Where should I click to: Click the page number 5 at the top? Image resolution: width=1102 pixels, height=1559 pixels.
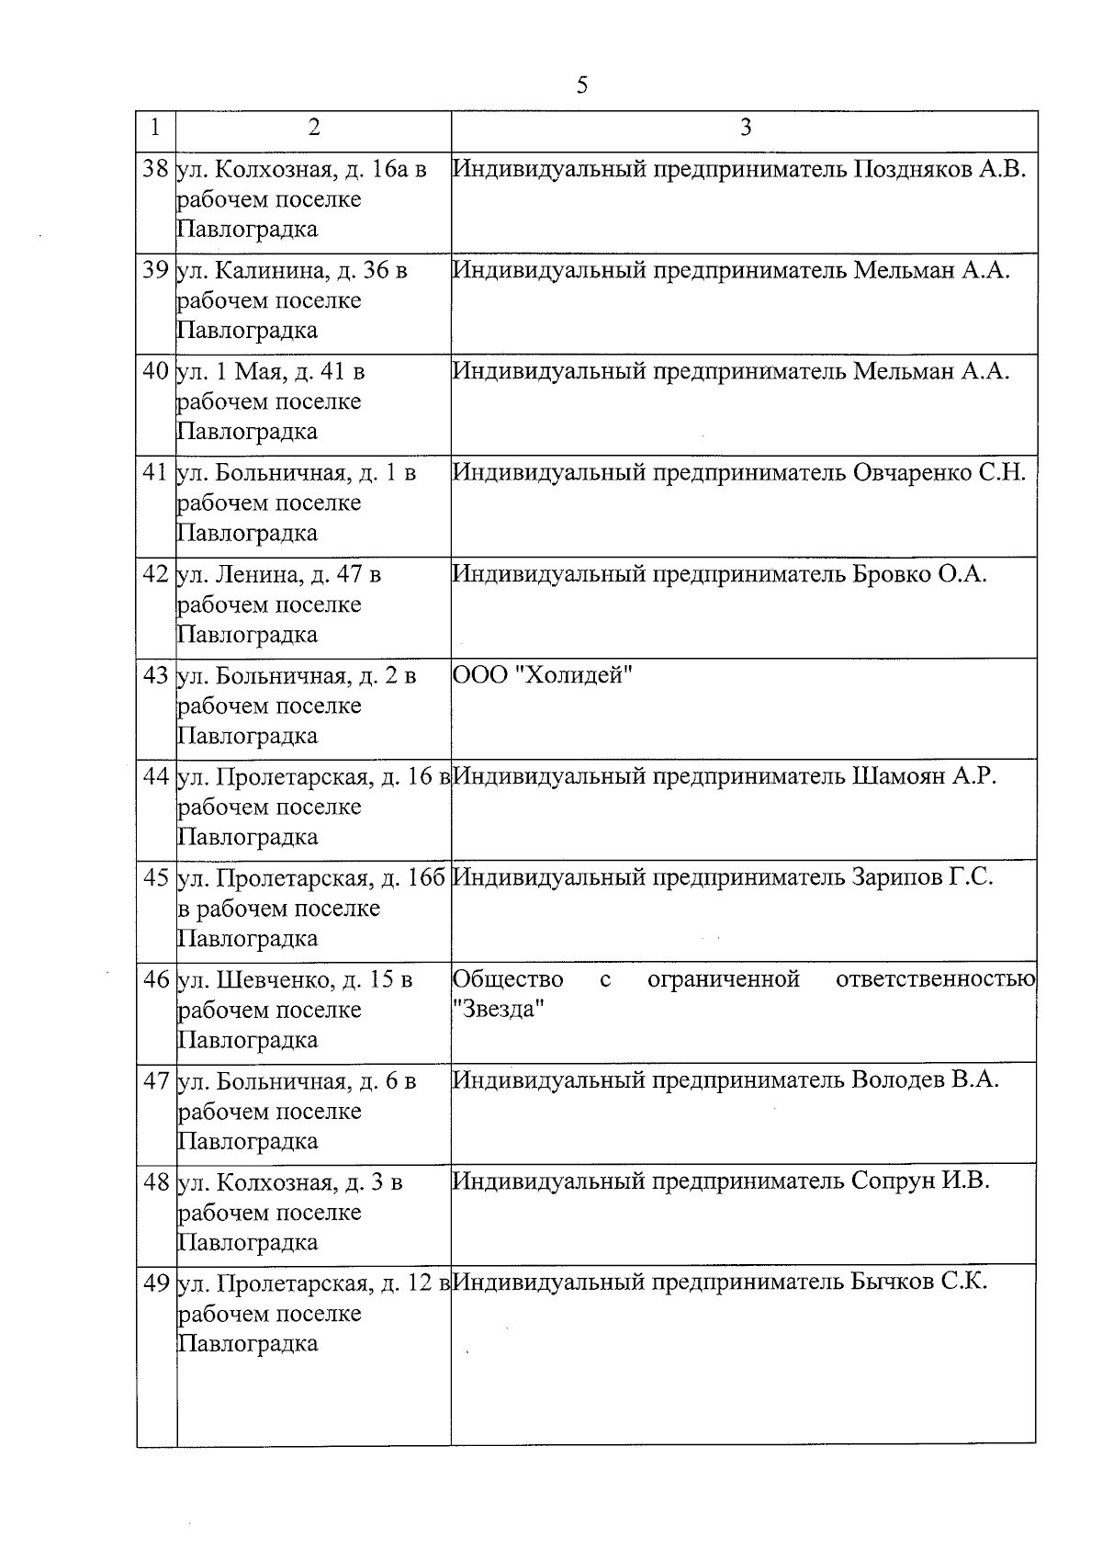(582, 85)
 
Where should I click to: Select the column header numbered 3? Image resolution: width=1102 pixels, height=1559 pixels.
(745, 128)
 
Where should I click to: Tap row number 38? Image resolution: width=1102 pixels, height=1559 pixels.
(156, 169)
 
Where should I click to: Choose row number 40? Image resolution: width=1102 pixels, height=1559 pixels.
(156, 372)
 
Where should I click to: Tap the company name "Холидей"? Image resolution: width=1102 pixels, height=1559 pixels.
(578, 675)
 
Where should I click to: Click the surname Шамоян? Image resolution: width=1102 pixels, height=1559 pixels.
(898, 776)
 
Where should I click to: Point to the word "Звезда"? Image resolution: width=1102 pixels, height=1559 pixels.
(500, 1009)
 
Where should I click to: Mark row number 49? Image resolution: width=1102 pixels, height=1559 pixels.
(156, 1283)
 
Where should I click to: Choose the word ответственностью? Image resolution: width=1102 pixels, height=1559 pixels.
(935, 979)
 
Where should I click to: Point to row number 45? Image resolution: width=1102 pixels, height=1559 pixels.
(156, 878)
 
